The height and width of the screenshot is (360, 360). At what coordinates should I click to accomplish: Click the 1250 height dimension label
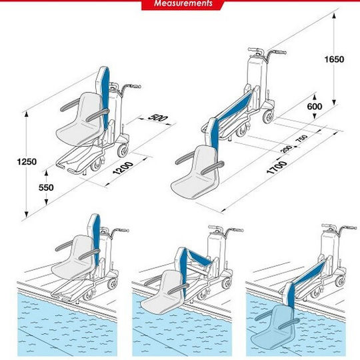[27, 162]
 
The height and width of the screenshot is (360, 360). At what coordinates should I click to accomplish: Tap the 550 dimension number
[46, 187]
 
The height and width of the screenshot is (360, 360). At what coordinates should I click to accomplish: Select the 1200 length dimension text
[123, 168]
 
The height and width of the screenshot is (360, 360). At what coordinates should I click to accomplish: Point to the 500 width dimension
[157, 117]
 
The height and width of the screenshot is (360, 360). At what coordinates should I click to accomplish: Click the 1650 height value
[334, 59]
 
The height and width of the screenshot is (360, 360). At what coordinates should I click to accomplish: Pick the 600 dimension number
[315, 106]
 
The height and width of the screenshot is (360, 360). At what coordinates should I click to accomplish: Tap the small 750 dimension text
[301, 139]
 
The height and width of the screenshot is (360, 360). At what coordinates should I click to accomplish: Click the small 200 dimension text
[286, 149]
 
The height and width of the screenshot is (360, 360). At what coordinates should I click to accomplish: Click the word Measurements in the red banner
[183, 3]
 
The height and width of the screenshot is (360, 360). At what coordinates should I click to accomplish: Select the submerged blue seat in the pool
[275, 326]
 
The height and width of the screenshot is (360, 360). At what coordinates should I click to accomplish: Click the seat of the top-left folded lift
[79, 119]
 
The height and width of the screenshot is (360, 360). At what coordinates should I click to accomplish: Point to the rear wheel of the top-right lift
[269, 117]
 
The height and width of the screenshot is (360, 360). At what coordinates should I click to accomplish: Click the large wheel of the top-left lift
[123, 151]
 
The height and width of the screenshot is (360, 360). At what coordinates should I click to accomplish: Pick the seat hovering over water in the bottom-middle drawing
[163, 293]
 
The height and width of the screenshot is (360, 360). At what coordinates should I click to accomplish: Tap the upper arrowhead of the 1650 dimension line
[334, 15]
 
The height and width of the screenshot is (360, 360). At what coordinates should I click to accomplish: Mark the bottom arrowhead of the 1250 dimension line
[27, 215]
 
